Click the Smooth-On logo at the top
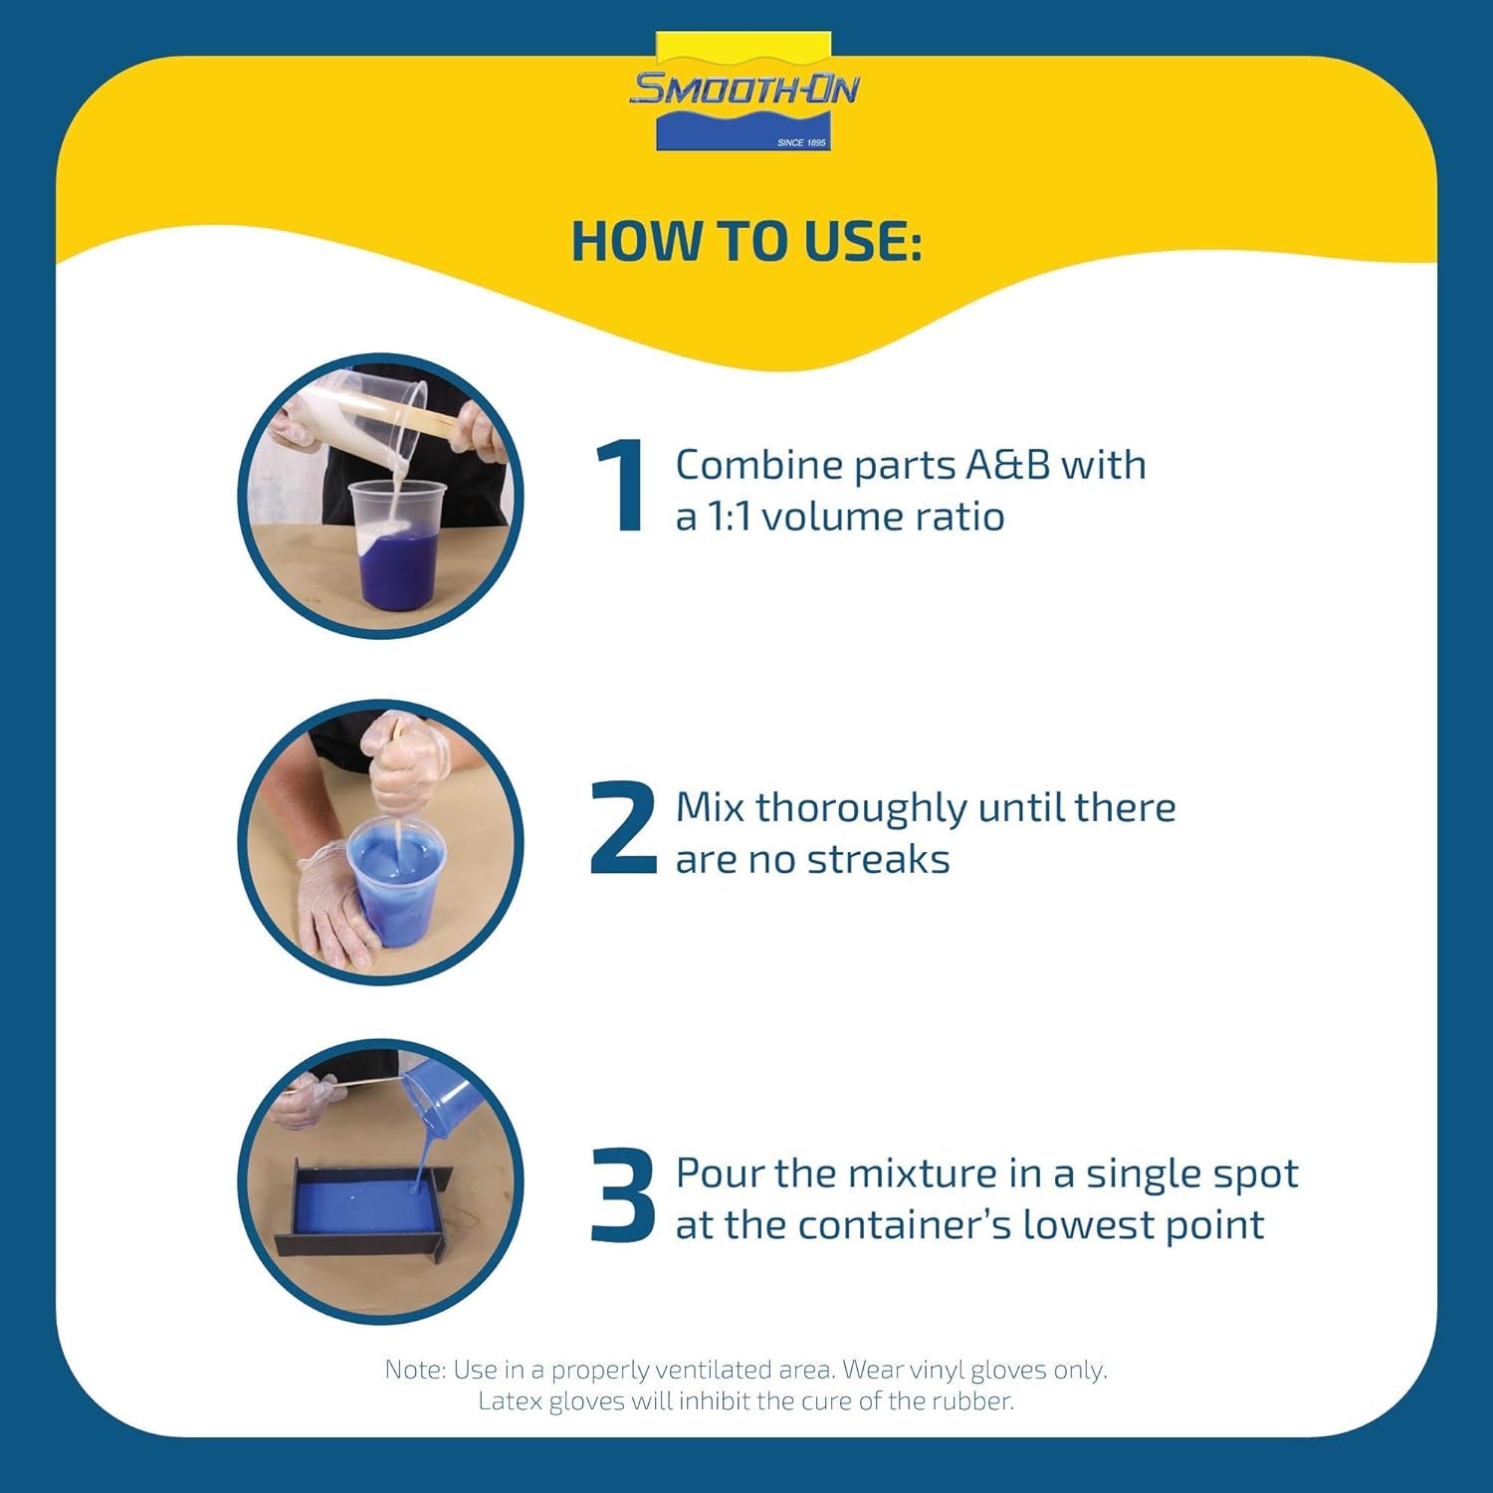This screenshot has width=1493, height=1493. [744, 92]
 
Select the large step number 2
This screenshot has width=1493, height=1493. [623, 828]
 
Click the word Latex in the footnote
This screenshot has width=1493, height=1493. [510, 1401]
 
